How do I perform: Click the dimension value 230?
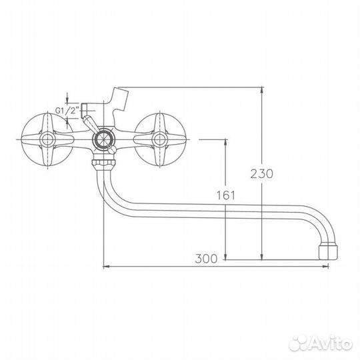[x=262, y=174]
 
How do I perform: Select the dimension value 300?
[x=207, y=259]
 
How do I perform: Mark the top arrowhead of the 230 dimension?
[x=262, y=89]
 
